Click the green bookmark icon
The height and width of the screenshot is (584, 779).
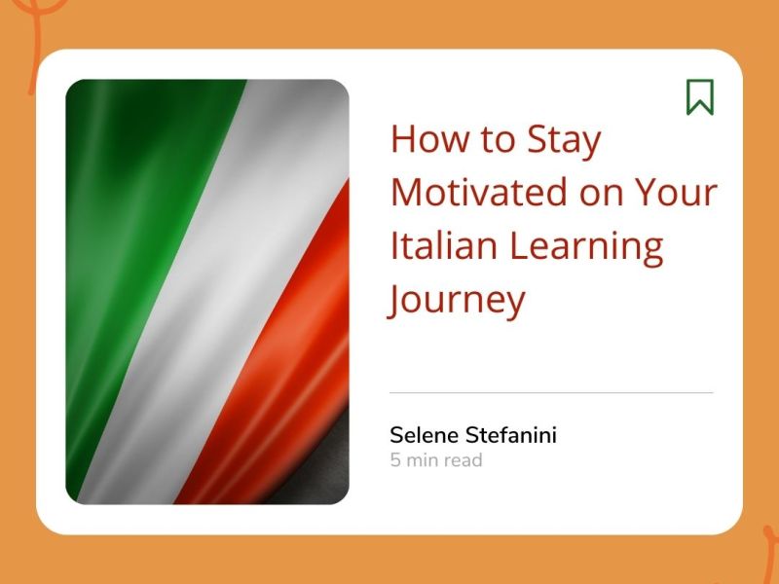point(699,96)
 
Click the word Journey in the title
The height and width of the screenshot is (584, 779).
point(457,299)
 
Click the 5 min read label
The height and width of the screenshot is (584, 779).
point(436,459)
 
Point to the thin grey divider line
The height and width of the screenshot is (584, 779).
point(551,392)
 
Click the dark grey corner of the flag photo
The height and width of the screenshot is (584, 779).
point(331,467)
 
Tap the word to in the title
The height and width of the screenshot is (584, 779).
point(498,141)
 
